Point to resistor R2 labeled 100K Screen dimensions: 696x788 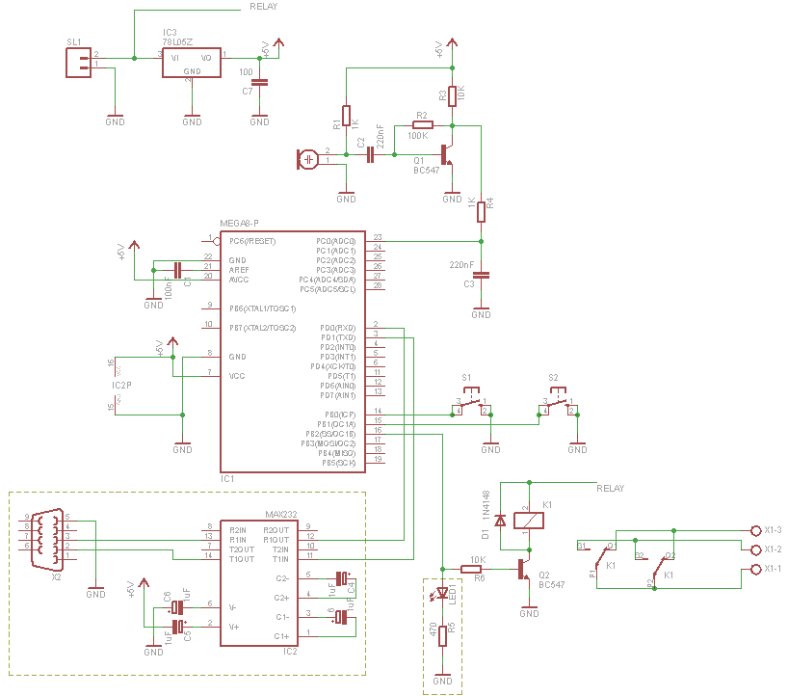(422, 124)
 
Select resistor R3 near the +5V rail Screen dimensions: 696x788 (452, 94)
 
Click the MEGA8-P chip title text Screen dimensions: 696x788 (239, 223)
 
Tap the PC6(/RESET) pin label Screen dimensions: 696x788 (251, 240)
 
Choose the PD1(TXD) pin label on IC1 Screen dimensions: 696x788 (338, 337)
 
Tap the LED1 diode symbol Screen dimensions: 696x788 (443, 593)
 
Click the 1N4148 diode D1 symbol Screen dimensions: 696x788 (500, 522)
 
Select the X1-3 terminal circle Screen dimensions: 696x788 (755, 530)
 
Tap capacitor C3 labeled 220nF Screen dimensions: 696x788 (482, 275)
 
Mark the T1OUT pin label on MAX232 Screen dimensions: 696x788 (242, 557)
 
